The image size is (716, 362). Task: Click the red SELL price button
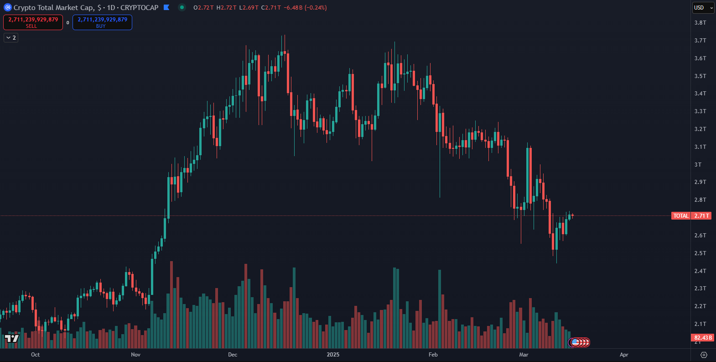point(33,22)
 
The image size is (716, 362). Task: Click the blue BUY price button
point(102,22)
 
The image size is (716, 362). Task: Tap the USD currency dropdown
point(703,8)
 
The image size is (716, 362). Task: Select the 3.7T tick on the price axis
point(700,41)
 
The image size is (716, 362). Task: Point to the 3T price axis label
point(698,165)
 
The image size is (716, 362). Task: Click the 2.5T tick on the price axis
point(700,253)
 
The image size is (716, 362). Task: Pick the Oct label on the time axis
point(35,355)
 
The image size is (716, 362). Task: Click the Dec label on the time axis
point(233,355)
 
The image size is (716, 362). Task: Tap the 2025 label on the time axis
point(333,355)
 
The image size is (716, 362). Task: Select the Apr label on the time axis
point(624,355)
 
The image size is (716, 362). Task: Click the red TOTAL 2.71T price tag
point(691,216)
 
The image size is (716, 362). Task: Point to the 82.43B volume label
point(702,338)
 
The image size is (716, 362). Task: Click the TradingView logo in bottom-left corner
point(12,338)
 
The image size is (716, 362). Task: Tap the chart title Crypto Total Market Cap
point(54,8)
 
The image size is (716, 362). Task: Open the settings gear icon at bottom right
point(704,355)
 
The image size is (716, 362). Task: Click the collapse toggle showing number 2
point(11,38)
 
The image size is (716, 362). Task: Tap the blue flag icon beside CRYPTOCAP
point(166,7)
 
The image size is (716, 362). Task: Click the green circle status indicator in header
point(182,7)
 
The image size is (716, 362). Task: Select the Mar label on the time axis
point(524,355)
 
